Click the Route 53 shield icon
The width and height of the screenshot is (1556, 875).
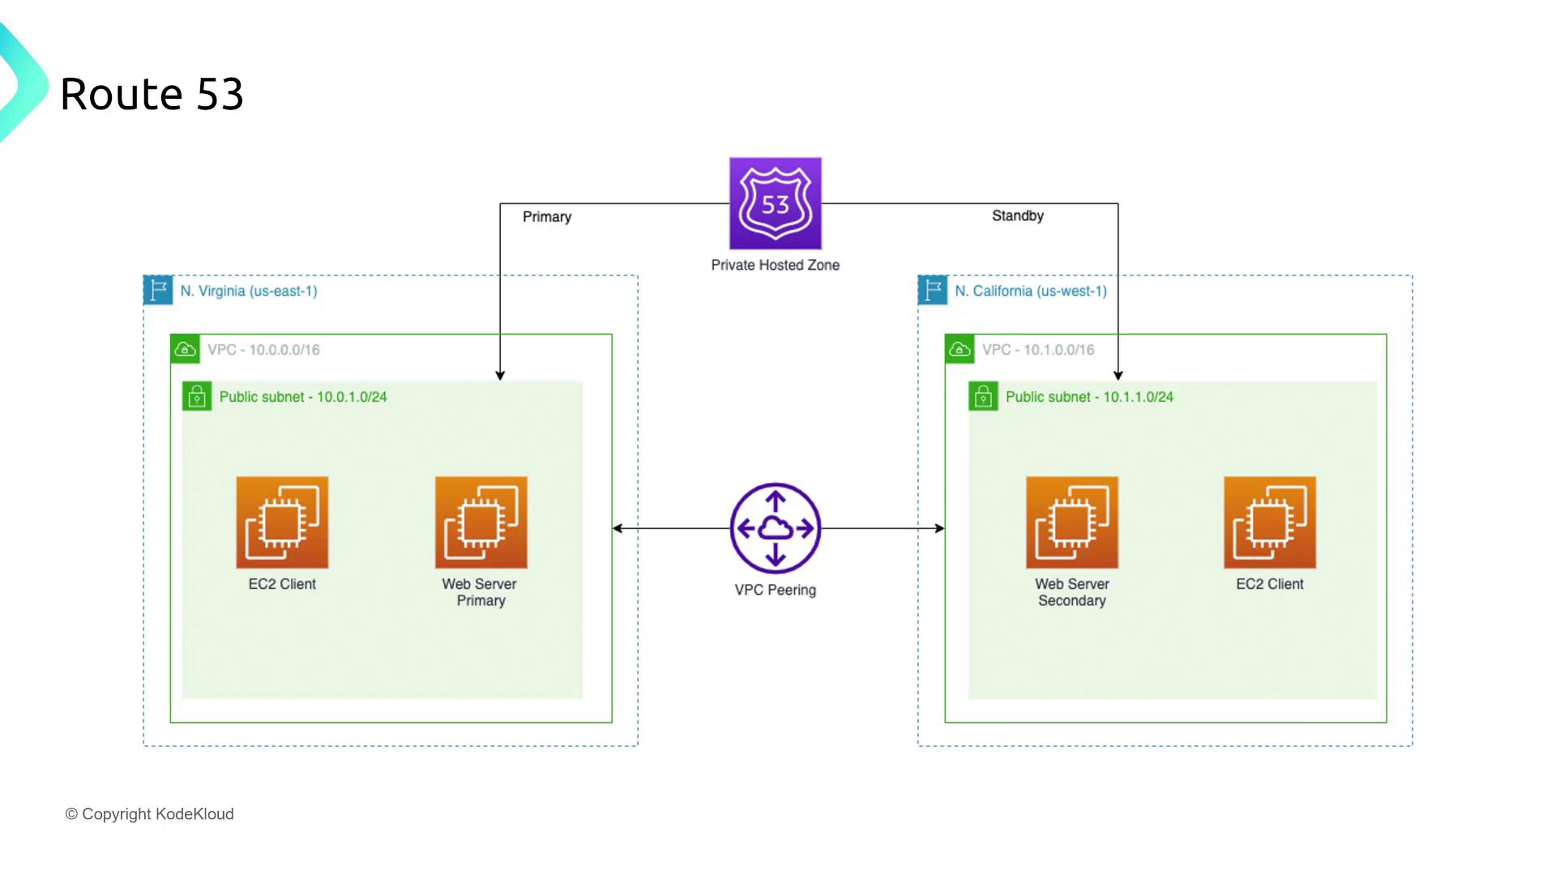coord(775,203)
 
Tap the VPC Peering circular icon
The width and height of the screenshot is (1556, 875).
coord(775,528)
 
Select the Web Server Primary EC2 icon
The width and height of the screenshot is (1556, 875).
coord(481,523)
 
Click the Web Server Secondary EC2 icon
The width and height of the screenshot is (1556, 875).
coord(1071,523)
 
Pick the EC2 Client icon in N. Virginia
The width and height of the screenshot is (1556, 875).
coord(282,523)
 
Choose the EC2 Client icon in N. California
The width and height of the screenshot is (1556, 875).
coord(1269,523)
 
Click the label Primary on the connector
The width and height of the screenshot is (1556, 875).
coord(547,217)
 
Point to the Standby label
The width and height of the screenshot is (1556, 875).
coord(1017,216)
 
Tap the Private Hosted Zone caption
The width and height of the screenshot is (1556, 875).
coord(775,265)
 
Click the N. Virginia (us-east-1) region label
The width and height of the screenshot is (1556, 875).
coord(249,291)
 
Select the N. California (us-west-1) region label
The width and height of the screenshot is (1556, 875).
coord(1030,291)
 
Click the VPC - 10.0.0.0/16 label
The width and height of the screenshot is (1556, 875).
coord(263,350)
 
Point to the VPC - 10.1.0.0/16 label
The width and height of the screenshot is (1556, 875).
coord(1038,350)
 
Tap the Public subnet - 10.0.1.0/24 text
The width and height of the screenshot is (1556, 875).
coord(303,397)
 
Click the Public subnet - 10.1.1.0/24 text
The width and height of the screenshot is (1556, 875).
coord(1089,397)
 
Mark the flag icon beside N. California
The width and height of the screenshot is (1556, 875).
coord(933,290)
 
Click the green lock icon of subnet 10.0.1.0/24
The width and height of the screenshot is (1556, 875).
coord(197,396)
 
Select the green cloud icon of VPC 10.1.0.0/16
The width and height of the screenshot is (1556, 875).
coord(960,349)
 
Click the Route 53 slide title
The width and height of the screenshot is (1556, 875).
coord(152,94)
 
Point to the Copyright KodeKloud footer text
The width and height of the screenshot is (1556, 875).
coord(150,814)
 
